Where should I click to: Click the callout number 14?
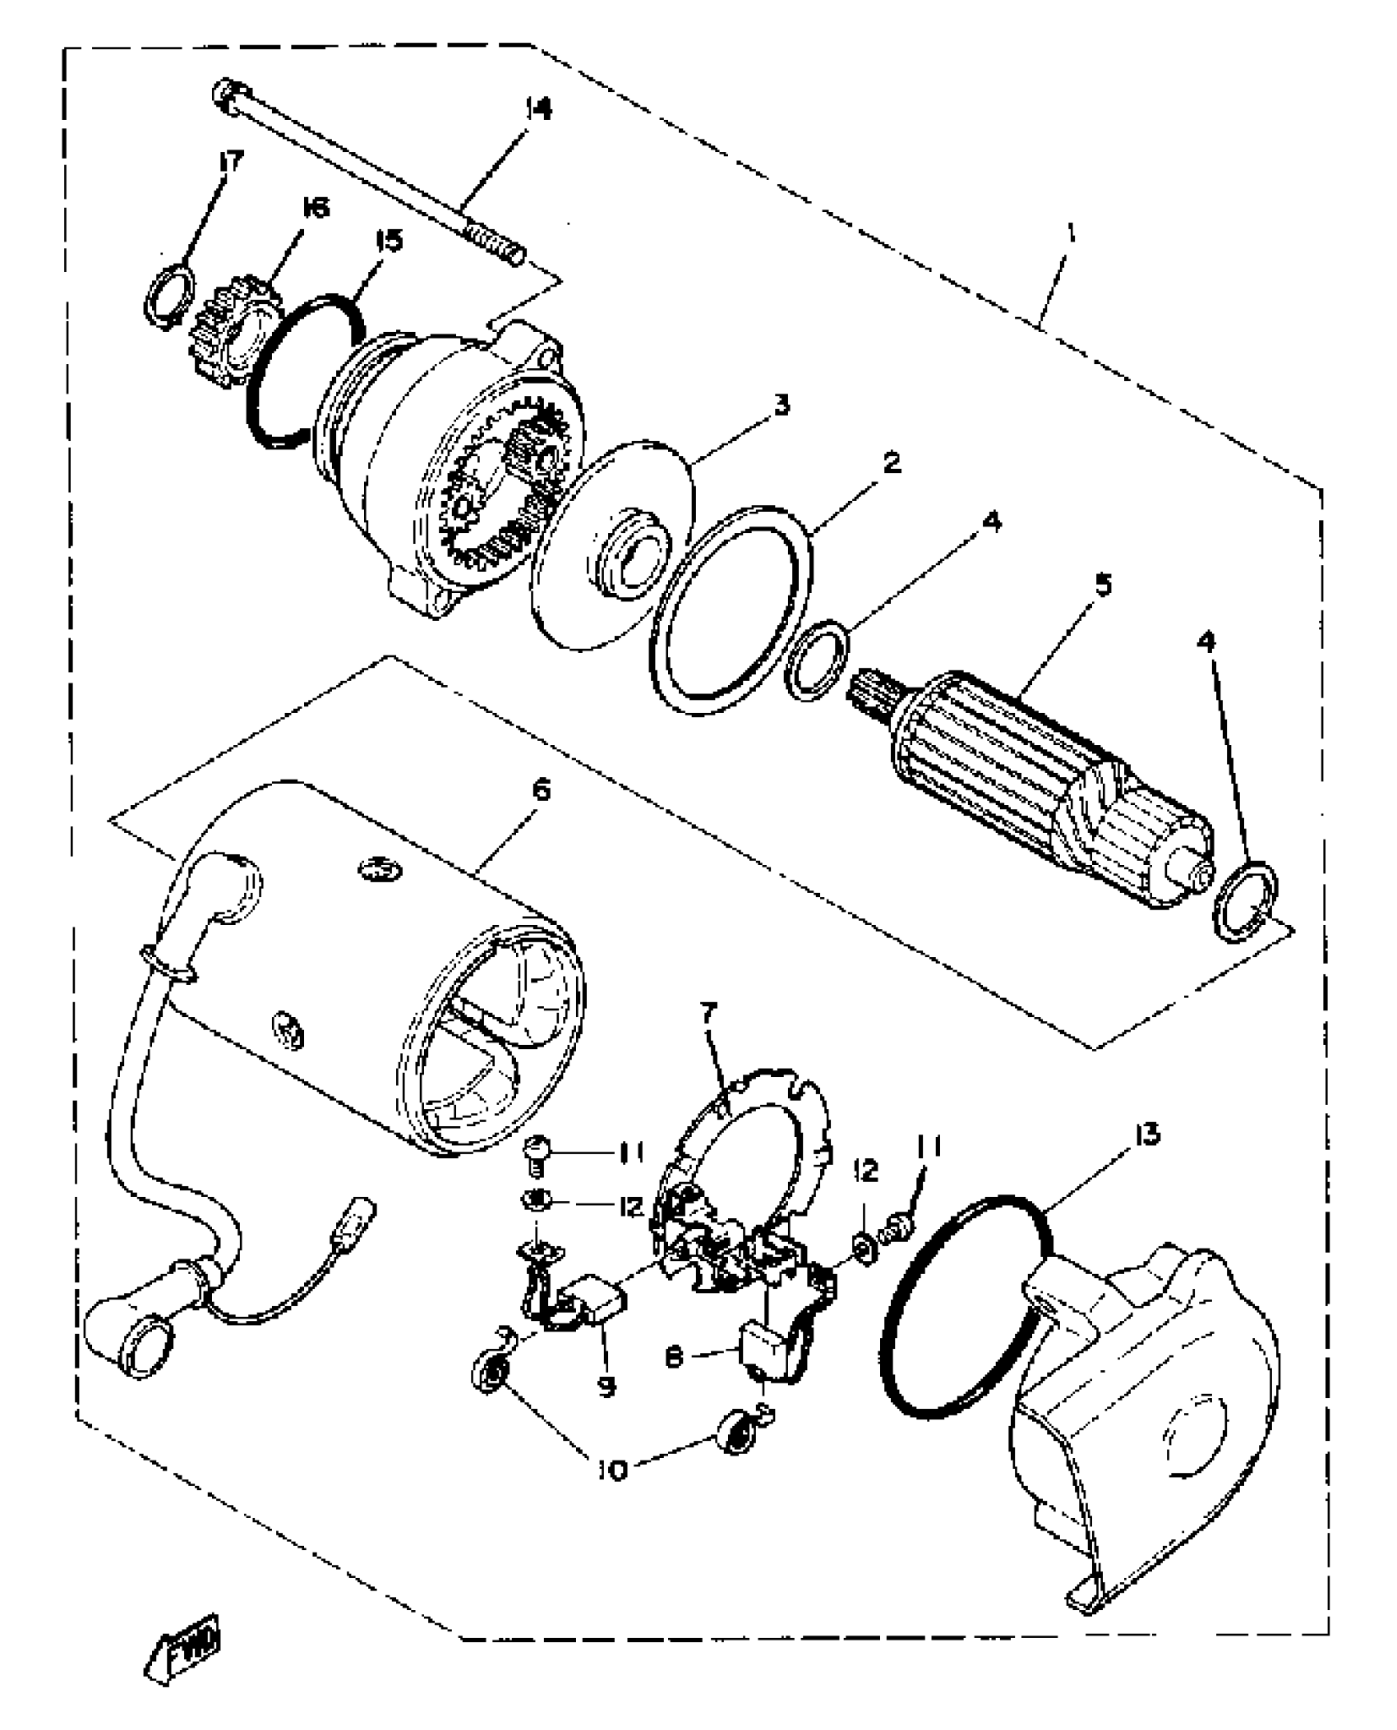point(539,110)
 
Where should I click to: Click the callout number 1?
point(1071,234)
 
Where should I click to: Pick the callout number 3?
point(780,405)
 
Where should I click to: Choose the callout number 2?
point(890,462)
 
